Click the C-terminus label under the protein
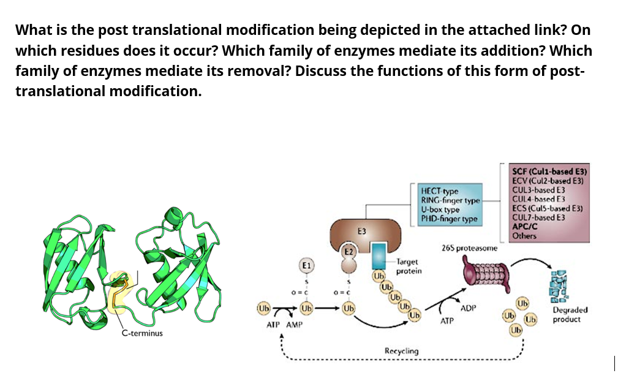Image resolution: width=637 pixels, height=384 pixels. [x=141, y=334]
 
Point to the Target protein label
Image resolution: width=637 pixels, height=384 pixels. [x=408, y=266]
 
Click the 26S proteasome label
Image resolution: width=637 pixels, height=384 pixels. [x=469, y=248]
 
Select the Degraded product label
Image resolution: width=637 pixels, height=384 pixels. [x=570, y=315]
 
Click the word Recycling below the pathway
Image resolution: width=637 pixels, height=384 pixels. [x=401, y=351]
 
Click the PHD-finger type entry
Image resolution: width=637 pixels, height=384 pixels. [x=449, y=219]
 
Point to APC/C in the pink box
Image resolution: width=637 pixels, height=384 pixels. [x=524, y=226]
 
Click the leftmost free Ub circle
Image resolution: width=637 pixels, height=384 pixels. [x=264, y=306]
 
